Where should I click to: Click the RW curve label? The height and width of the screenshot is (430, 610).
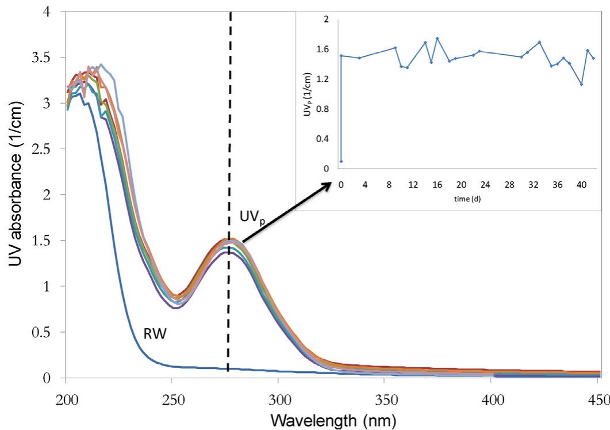155,333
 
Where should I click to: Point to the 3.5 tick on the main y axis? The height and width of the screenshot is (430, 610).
44,58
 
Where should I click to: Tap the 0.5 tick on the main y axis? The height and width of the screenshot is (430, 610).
44,332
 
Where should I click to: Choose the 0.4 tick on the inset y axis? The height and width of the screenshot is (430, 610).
328,139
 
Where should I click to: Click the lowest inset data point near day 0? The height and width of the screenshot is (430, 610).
341,161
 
